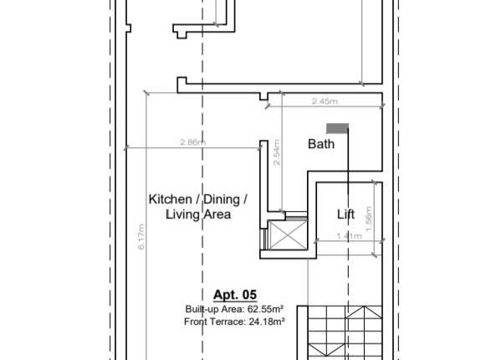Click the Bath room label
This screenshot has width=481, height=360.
pyautogui.click(x=321, y=144)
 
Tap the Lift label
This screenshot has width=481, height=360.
pyautogui.click(x=345, y=214)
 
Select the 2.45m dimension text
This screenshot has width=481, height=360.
pyautogui.click(x=324, y=101)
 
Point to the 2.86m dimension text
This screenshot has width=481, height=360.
pyautogui.click(x=192, y=142)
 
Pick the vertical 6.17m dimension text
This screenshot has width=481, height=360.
pyautogui.click(x=142, y=237)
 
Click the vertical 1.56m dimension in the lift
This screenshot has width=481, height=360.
pyautogui.click(x=369, y=215)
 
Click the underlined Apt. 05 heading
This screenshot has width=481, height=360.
pyautogui.click(x=234, y=295)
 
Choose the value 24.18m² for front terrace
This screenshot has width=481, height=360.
pyautogui.click(x=265, y=321)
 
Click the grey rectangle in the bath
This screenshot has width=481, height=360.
pyautogui.click(x=337, y=128)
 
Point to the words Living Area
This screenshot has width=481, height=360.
pyautogui.click(x=197, y=214)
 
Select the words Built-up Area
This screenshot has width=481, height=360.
pyautogui.click(x=213, y=309)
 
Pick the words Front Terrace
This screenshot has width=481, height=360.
pyautogui.click(x=214, y=321)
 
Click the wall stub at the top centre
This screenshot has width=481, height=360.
pyautogui.click(x=202, y=30)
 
